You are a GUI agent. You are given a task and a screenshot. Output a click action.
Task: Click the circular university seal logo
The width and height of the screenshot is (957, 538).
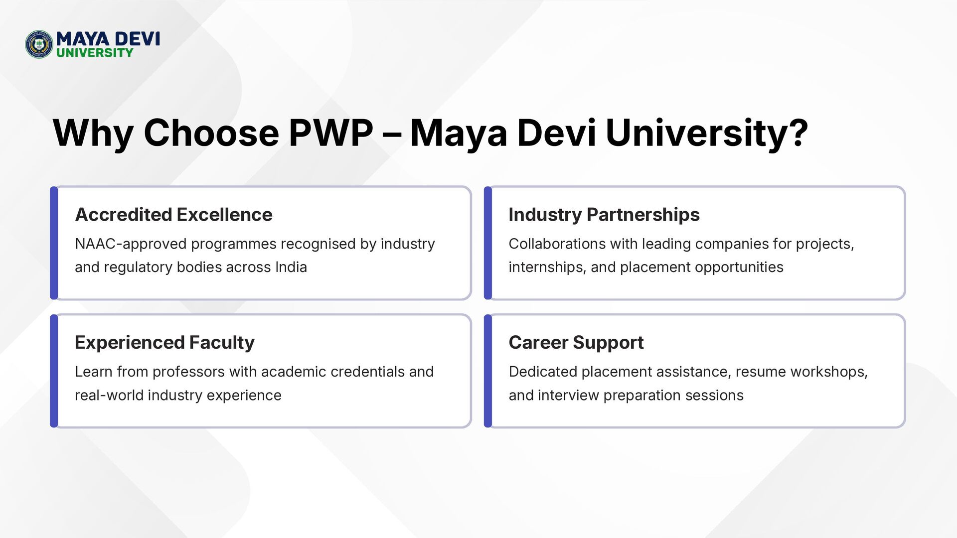pyautogui.click(x=39, y=45)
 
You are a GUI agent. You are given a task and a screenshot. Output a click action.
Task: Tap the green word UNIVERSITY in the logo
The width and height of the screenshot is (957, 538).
pyautogui.click(x=95, y=53)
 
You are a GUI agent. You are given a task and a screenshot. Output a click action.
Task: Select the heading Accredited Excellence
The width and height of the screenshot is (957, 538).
pyautogui.click(x=173, y=215)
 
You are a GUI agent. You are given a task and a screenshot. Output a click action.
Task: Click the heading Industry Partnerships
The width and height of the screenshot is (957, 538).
pyautogui.click(x=604, y=215)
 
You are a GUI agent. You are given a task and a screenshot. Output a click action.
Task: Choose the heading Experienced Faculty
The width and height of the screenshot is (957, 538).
pyautogui.click(x=164, y=343)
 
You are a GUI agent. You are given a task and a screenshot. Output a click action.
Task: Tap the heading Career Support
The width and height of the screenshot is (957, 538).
pyautogui.click(x=576, y=343)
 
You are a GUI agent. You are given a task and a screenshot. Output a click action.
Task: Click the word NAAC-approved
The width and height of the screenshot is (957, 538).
pyautogui.click(x=131, y=244)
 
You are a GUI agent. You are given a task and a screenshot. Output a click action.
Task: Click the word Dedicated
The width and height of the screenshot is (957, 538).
pyautogui.click(x=543, y=372)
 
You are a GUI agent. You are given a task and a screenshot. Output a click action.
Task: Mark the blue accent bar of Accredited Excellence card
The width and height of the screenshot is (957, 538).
pyautogui.click(x=54, y=243)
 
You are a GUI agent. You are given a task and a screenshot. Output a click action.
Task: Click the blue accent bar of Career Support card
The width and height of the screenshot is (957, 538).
pyautogui.click(x=488, y=371)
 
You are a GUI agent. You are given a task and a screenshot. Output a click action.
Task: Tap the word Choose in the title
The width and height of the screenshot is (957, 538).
pyautogui.click(x=211, y=133)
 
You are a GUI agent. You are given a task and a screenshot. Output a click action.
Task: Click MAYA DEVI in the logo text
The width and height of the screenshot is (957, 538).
pyautogui.click(x=108, y=38)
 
